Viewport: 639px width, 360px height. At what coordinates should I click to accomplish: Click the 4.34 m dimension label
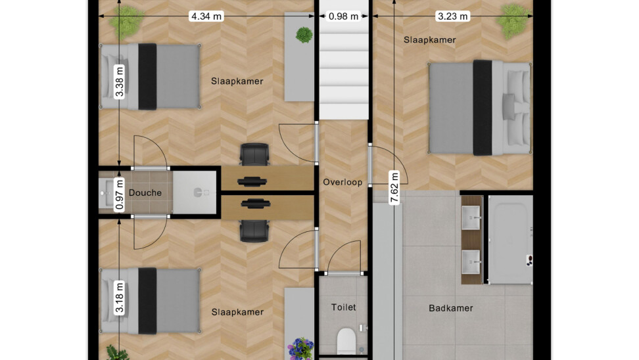tap(206, 16)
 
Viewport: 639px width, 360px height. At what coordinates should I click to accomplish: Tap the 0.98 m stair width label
tap(344, 16)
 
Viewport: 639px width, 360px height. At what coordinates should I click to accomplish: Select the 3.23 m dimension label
tap(452, 16)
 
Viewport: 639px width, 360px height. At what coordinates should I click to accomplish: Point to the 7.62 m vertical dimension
tap(394, 188)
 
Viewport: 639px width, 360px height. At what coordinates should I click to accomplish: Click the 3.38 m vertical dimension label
tap(120, 82)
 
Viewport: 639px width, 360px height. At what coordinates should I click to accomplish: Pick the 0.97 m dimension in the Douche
tap(120, 194)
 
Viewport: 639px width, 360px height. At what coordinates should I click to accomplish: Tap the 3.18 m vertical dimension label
tap(120, 297)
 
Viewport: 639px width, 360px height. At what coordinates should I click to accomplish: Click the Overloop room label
tap(343, 182)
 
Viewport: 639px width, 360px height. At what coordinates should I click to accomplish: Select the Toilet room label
tap(344, 307)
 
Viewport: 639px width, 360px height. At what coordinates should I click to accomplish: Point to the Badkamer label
tap(451, 308)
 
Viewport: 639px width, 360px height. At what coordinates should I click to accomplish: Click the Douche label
tap(145, 192)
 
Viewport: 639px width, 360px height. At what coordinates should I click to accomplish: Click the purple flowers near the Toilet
tap(300, 349)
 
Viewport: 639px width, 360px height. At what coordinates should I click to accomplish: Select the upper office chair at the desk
tap(254, 154)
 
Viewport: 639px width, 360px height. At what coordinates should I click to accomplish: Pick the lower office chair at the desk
tap(254, 231)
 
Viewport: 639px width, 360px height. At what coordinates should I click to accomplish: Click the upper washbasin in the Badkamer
tap(471, 218)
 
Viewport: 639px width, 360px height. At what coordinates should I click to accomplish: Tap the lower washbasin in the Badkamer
tap(471, 262)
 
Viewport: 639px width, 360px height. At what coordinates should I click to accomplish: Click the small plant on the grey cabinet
tap(304, 35)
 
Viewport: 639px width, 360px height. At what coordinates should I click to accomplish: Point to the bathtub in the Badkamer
tap(511, 240)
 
